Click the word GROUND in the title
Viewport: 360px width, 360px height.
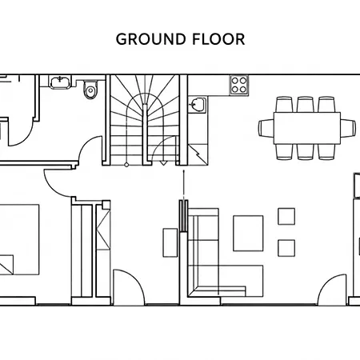[x=150, y=39]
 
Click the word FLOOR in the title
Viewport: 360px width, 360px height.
[x=218, y=39]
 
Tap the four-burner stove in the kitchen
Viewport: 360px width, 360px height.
[x=239, y=85]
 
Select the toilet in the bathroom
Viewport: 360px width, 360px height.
[x=90, y=90]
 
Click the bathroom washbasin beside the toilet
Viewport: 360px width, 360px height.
[x=61, y=82]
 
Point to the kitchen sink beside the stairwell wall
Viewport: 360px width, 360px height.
[x=198, y=105]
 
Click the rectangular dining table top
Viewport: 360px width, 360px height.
[x=307, y=128]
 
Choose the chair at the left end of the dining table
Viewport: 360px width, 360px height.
[x=266, y=128]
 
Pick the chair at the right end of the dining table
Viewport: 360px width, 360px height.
[x=348, y=128]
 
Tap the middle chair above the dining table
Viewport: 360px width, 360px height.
[x=306, y=105]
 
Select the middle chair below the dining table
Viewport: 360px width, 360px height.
[x=306, y=152]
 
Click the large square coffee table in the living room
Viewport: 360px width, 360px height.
[x=248, y=234]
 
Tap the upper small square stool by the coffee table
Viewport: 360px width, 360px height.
[x=286, y=217]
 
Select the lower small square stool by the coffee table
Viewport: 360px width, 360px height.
[x=286, y=248]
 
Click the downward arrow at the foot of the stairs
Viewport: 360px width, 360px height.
[x=163, y=163]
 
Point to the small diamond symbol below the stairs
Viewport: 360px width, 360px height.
[x=126, y=165]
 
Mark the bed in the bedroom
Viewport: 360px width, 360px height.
[x=18, y=239]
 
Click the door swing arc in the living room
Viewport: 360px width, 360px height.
[x=326, y=282]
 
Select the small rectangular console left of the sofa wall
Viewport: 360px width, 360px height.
[x=170, y=242]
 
